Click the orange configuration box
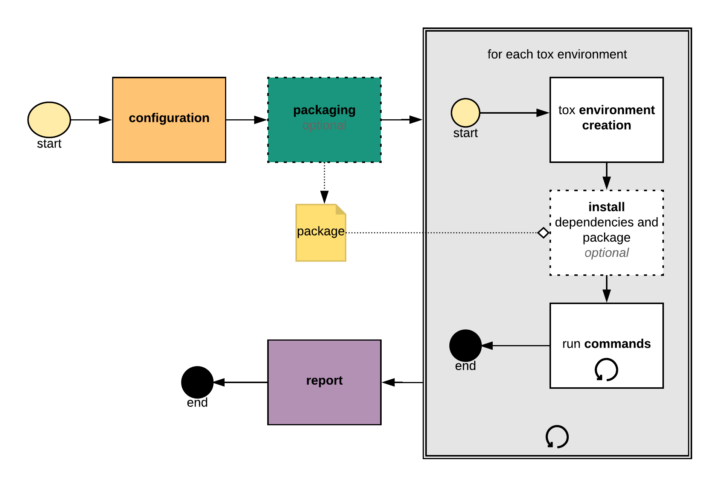tap(169, 120)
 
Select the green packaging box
tap(324, 120)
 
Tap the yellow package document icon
tap(321, 233)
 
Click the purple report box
tap(324, 382)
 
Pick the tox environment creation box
tap(606, 120)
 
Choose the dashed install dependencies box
tap(606, 233)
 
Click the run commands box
tap(606, 345)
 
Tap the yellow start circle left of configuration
tap(49, 120)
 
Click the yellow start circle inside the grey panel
tap(465, 113)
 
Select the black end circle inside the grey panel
tap(465, 345)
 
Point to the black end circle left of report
tap(197, 382)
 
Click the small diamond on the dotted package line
tap(543, 233)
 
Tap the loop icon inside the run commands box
tap(606, 370)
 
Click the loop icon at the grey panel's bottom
tap(557, 437)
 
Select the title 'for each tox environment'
tap(557, 54)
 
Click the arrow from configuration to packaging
tap(247, 120)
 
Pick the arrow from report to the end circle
tap(241, 382)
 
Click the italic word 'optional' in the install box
tap(606, 253)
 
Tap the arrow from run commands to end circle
tap(516, 345)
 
